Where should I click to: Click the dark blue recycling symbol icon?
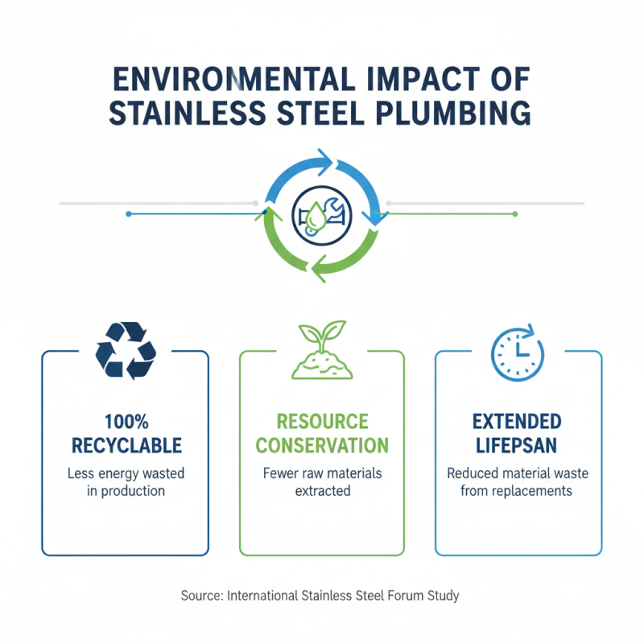[126, 351]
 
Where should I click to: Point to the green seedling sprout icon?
[321, 351]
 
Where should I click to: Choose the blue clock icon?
[517, 351]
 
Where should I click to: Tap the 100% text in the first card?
[126, 421]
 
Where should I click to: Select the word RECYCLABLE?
[126, 445]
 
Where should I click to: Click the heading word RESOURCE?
[322, 421]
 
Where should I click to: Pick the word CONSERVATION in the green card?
[322, 445]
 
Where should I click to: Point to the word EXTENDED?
[518, 421]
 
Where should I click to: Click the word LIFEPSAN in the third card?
[518, 445]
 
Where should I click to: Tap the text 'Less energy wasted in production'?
[126, 481]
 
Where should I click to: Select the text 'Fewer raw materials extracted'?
[322, 481]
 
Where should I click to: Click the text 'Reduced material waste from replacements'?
[518, 481]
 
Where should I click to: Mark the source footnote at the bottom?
[321, 597]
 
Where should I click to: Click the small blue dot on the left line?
[129, 214]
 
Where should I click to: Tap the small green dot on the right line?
[515, 214]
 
